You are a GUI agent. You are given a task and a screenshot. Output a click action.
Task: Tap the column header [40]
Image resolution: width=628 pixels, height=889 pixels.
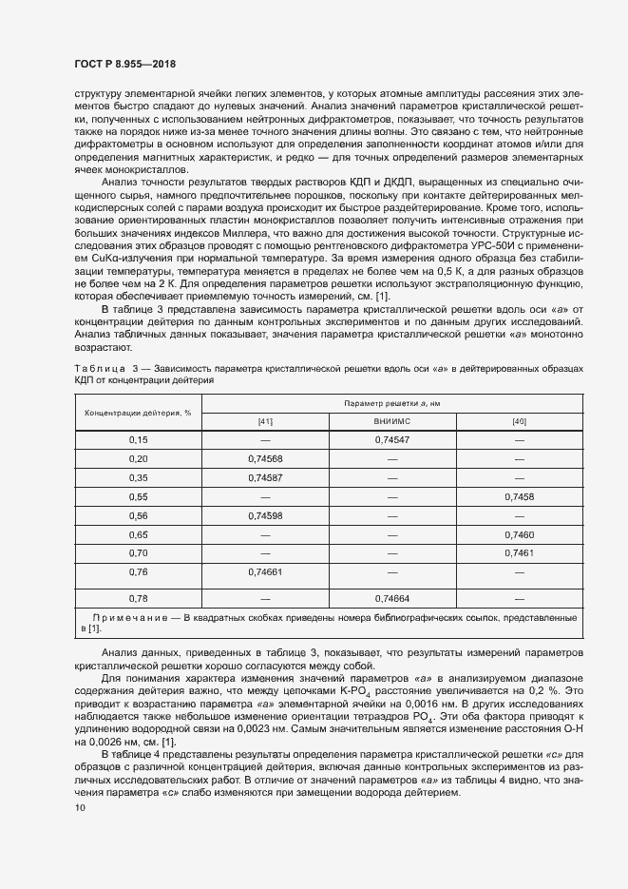pyautogui.click(x=519, y=421)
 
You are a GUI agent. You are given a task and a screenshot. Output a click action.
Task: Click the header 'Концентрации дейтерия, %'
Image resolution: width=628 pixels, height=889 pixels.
pyautogui.click(x=139, y=413)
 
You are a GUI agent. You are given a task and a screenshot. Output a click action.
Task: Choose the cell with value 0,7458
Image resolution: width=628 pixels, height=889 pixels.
pyautogui.click(x=519, y=496)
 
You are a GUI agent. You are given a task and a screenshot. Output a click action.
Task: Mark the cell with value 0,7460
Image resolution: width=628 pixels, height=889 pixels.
pyautogui.click(x=519, y=534)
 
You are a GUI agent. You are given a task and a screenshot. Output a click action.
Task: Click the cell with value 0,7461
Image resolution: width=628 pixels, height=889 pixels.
pyautogui.click(x=519, y=552)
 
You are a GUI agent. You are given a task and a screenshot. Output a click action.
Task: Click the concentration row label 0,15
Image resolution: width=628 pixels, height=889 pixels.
pyautogui.click(x=139, y=440)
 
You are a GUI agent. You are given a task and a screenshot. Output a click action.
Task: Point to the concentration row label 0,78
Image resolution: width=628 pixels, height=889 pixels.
pyautogui.click(x=139, y=598)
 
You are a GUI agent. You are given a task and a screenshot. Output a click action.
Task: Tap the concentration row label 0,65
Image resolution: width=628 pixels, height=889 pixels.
pyautogui.click(x=139, y=534)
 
